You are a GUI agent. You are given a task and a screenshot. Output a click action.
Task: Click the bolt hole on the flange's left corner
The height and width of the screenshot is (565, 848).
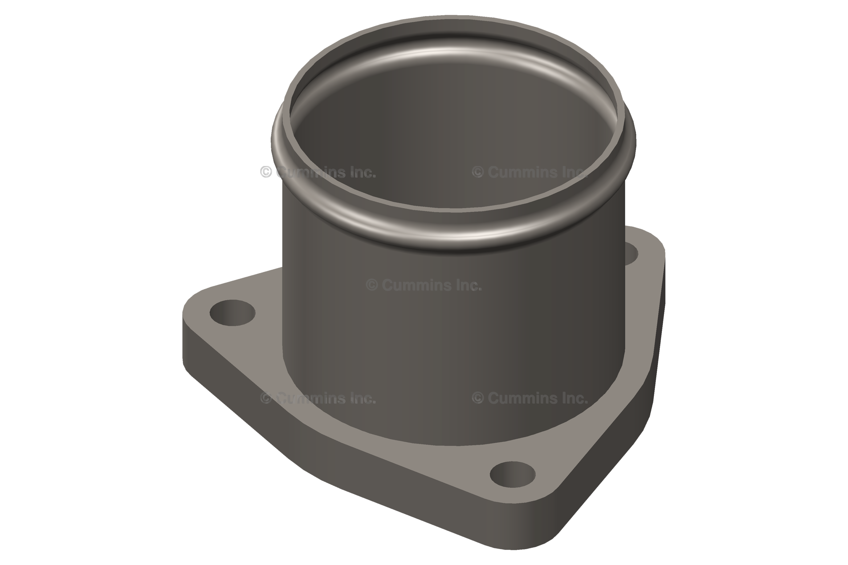point(232,313)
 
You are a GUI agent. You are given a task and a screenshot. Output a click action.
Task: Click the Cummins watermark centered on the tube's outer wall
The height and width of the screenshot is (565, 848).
point(424,285)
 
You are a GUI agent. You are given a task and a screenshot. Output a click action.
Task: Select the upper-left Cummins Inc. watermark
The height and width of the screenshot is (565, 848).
point(318,172)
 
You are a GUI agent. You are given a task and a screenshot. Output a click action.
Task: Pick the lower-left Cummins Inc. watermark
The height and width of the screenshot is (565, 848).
point(318,398)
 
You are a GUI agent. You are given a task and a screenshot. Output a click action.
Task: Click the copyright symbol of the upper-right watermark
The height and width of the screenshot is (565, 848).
point(478,172)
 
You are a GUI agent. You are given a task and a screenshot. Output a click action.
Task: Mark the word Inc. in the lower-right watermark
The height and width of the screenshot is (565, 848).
point(575,398)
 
